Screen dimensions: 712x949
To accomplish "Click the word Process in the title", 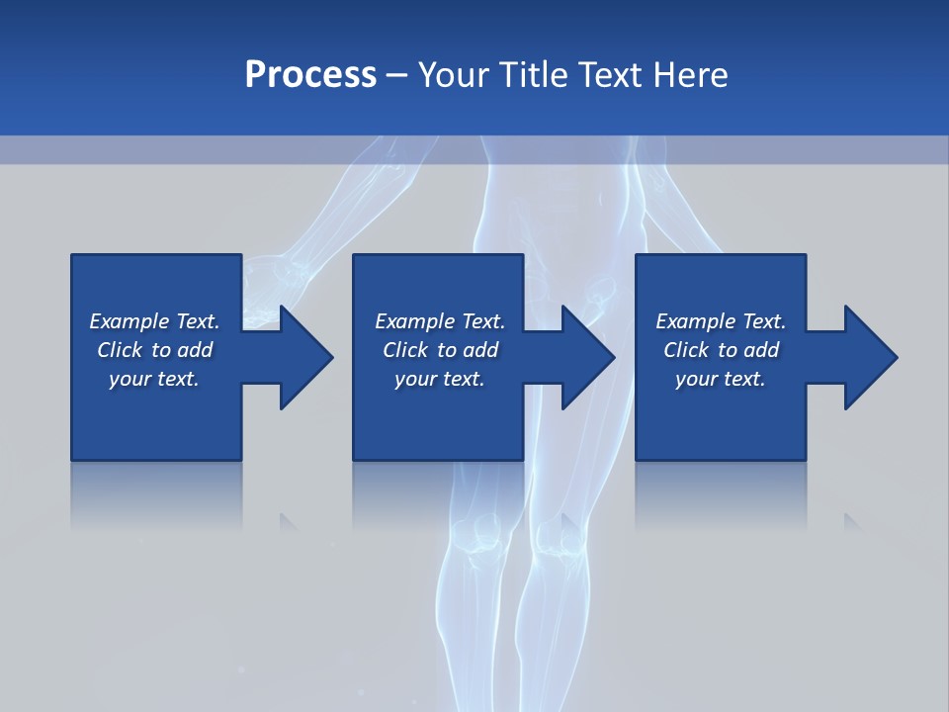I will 310,75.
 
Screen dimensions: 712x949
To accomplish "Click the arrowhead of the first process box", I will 304,357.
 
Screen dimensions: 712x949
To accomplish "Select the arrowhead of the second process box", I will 587,357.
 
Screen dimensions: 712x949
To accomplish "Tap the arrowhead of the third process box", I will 870,357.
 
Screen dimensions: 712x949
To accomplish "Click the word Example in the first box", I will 129,321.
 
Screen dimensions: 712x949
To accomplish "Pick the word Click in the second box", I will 405,350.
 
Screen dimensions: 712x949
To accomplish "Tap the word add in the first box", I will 196,350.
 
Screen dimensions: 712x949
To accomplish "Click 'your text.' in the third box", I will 720,379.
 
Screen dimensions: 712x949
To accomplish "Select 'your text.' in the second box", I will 439,379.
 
